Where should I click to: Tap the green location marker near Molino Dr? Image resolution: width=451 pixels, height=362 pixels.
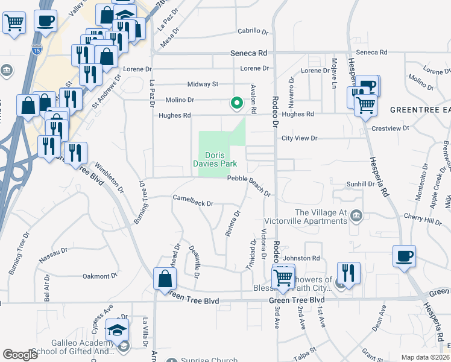pyautogui.click(x=237, y=103)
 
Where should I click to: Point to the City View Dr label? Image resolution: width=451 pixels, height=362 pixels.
pyautogui.click(x=299, y=138)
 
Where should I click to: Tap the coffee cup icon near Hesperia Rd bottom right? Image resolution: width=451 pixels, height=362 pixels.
pyautogui.click(x=404, y=255)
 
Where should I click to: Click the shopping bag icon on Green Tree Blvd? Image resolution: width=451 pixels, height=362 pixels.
pyautogui.click(x=165, y=279)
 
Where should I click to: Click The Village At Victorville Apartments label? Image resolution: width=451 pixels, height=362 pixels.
pyautogui.click(x=321, y=217)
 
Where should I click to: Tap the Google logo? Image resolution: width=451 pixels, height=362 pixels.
pyautogui.click(x=20, y=355)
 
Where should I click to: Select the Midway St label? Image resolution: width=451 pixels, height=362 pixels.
pyautogui.click(x=203, y=84)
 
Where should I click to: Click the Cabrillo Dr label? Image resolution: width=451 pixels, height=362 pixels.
pyautogui.click(x=252, y=31)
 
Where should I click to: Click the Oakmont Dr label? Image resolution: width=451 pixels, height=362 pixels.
pyautogui.click(x=99, y=276)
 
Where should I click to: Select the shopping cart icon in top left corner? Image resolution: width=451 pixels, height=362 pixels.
pyautogui.click(x=14, y=24)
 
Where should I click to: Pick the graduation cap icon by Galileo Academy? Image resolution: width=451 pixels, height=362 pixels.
pyautogui.click(x=116, y=329)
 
